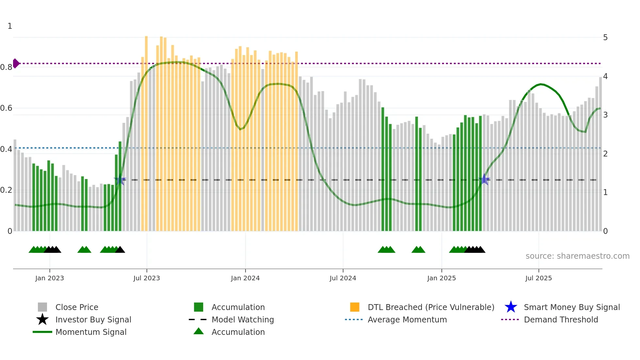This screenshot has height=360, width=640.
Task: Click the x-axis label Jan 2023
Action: click(50, 278)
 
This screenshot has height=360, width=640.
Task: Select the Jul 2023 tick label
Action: click(147, 278)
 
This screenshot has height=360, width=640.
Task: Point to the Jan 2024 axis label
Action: click(245, 278)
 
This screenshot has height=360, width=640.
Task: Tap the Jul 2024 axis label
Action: click(343, 278)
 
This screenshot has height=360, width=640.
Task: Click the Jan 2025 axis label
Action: click(441, 278)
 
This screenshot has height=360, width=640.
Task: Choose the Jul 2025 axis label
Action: click(538, 278)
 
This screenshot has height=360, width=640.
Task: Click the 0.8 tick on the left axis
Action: click(6, 67)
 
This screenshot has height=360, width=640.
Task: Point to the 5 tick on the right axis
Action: click(605, 38)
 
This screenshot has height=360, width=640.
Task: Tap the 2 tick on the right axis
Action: click(605, 154)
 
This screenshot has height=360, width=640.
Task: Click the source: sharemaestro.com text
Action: click(577, 256)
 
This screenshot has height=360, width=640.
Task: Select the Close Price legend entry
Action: click(77, 307)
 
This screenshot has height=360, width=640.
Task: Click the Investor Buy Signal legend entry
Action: click(93, 319)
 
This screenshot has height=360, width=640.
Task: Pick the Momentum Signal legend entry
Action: click(91, 332)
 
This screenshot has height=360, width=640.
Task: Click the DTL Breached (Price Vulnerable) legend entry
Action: click(431, 307)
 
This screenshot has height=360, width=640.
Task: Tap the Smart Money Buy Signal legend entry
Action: click(571, 307)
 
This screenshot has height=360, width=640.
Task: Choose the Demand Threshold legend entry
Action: click(561, 319)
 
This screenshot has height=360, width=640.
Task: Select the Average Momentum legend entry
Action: click(407, 319)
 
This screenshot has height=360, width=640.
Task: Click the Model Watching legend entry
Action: click(242, 319)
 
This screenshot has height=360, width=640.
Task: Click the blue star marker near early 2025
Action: click(485, 179)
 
